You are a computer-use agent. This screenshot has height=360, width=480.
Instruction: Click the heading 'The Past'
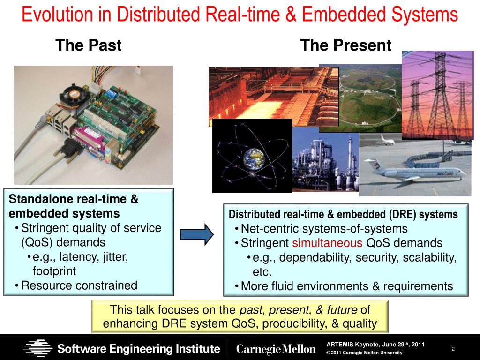click(x=88, y=45)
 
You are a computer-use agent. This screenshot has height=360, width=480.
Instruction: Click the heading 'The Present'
click(x=345, y=45)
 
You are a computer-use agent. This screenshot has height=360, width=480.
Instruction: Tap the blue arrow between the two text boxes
click(x=196, y=234)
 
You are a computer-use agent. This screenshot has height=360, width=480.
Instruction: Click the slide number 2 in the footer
click(x=453, y=349)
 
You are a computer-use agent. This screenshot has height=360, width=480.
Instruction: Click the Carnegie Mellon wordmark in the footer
click(x=276, y=349)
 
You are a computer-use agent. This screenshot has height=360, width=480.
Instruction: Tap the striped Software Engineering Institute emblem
click(x=38, y=348)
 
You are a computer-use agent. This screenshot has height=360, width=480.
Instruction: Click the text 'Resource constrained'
click(x=79, y=285)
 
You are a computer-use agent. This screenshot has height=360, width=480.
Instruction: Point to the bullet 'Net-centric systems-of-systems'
click(x=324, y=229)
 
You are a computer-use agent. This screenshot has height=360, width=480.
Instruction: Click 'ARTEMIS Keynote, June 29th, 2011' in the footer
click(x=375, y=345)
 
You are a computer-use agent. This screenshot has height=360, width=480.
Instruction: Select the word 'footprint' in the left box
click(x=54, y=271)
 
